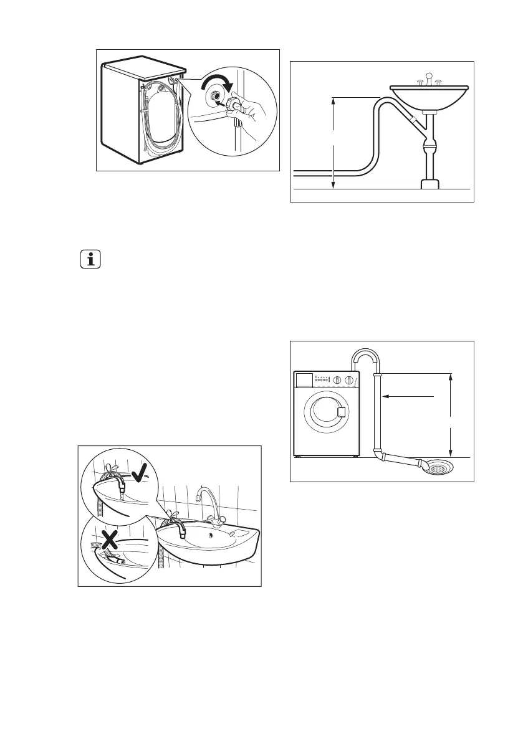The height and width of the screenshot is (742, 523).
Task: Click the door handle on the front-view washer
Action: pos(341,411)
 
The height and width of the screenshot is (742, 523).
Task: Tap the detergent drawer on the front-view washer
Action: pos(305,379)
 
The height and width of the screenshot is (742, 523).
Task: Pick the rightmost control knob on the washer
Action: pos(349,380)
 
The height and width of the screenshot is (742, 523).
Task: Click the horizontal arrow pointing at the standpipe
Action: pos(408,396)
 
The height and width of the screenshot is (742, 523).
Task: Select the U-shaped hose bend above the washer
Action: pos(363,356)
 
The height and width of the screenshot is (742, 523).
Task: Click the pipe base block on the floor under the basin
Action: pos(429,183)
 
